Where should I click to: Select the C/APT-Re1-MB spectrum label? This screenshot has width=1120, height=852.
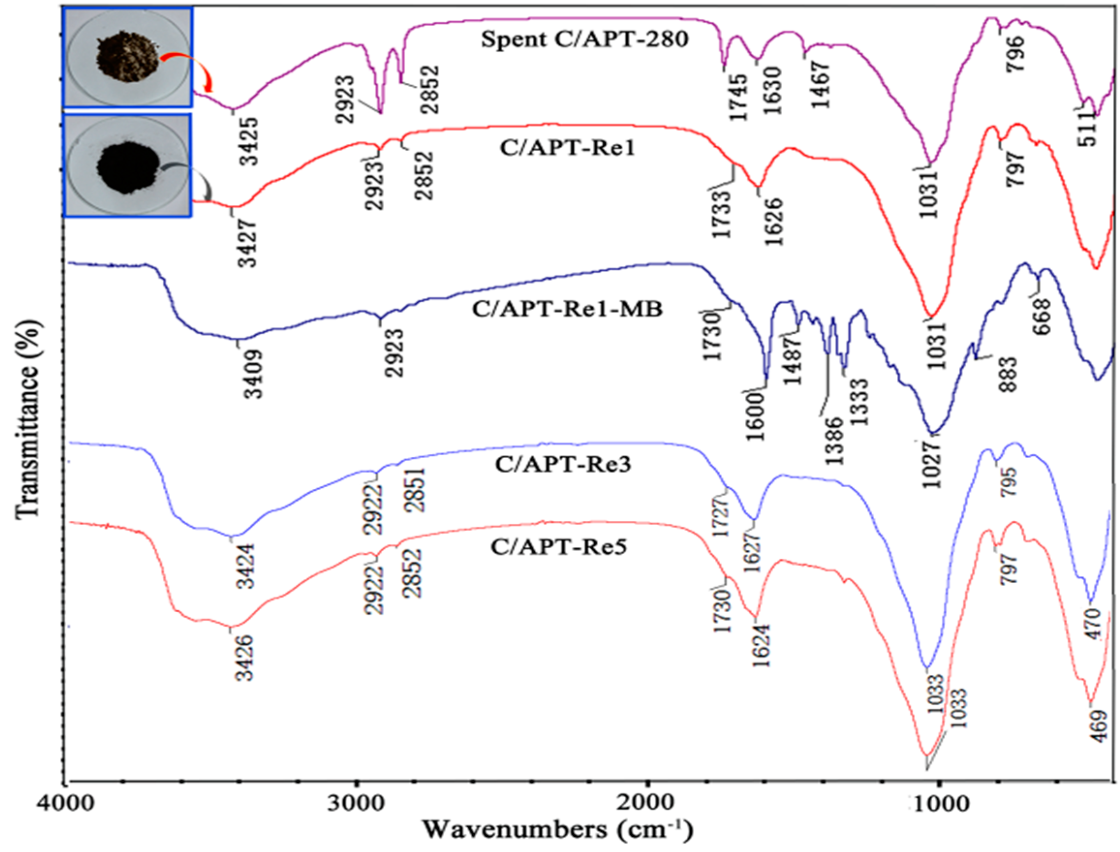coord(568,309)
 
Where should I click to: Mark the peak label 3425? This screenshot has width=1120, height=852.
coord(249,141)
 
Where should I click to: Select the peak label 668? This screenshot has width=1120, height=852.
coord(1044,316)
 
